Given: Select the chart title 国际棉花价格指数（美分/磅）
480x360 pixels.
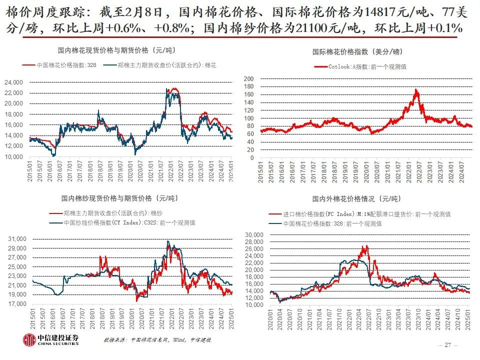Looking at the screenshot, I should point(357,51).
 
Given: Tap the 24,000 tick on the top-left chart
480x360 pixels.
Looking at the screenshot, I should point(13,82).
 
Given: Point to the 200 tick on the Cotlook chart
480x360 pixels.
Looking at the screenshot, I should point(249,78).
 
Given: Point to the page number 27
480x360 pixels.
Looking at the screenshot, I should point(447,345).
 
